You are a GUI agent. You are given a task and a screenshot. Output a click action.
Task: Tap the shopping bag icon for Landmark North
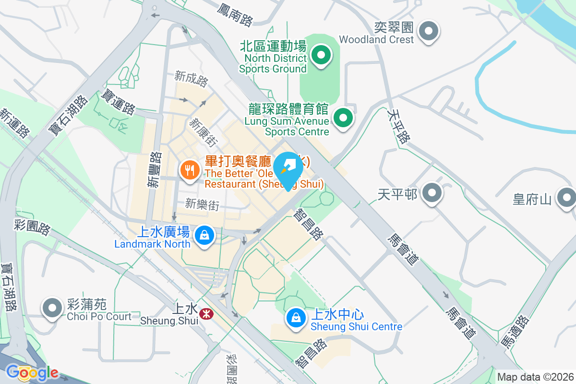204,236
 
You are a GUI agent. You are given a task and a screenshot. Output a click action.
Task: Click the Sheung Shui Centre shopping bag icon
296,318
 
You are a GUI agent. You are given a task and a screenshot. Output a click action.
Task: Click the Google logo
32,372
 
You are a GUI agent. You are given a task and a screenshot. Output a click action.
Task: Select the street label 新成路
192,79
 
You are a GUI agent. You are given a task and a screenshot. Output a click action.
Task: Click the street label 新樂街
202,204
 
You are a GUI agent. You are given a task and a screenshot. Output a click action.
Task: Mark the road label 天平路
399,126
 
